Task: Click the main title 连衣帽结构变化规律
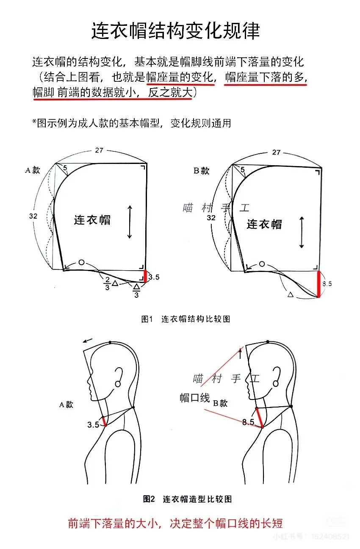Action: pyautogui.click(x=175, y=30)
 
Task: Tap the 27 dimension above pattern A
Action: pyautogui.click(x=99, y=150)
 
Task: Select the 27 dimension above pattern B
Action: pyautogui.click(x=276, y=152)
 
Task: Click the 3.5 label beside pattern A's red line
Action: pyautogui.click(x=154, y=277)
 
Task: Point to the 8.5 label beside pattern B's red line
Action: pyautogui.click(x=327, y=284)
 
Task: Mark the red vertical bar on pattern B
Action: pyautogui.click(x=318, y=284)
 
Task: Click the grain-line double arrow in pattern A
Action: pyautogui.click(x=130, y=222)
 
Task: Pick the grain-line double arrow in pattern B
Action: pyautogui.click(x=302, y=232)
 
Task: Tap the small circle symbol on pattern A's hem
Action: pyautogui.click(x=81, y=263)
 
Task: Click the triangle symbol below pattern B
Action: pyautogui.click(x=291, y=294)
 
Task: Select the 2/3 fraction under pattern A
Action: pyautogui.click(x=107, y=284)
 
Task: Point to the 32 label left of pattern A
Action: pyautogui.click(x=33, y=216)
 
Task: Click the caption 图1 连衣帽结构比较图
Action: pyautogui.click(x=186, y=319)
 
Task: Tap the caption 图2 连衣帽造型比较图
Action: pyautogui.click(x=187, y=499)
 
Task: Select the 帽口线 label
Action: pyautogui.click(x=194, y=397)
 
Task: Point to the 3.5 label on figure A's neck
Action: pyautogui.click(x=93, y=424)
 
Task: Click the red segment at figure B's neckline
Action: pyautogui.click(x=260, y=418)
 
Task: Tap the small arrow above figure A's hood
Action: pyautogui.click(x=88, y=341)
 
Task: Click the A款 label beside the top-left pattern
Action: pyautogui.click(x=33, y=170)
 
